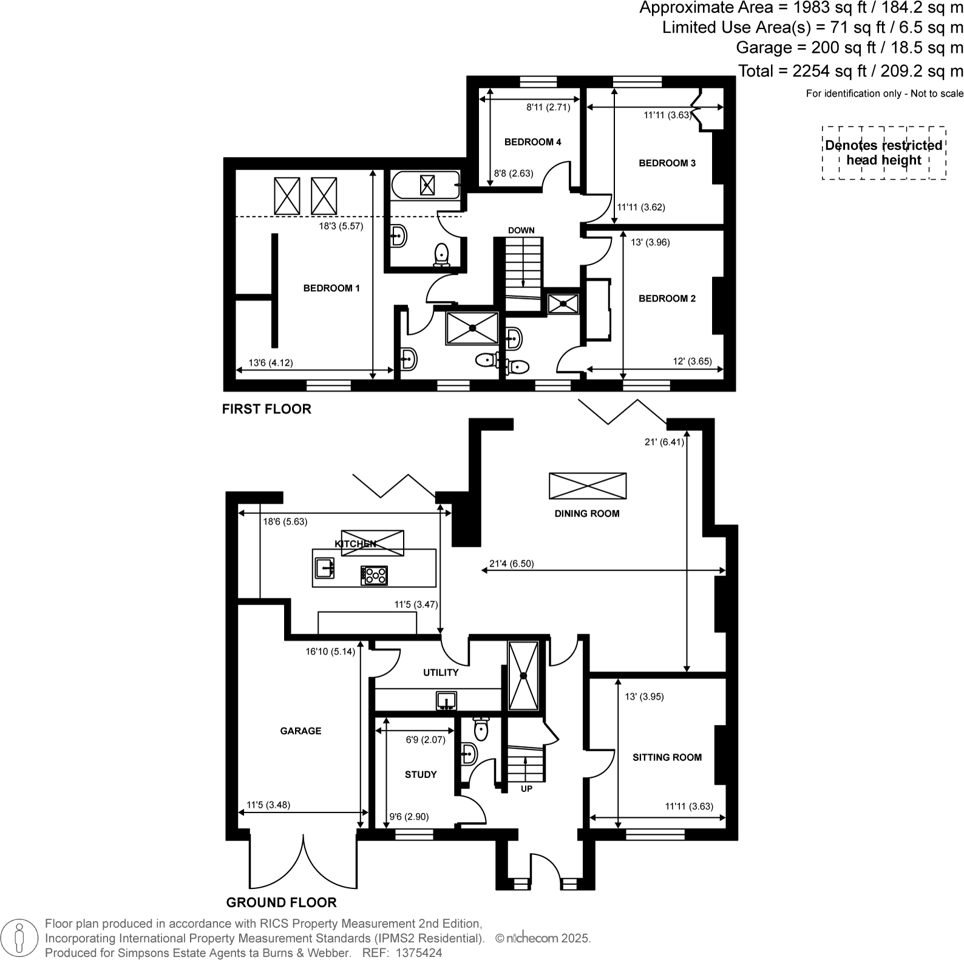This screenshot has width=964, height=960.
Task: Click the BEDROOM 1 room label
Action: (331, 288)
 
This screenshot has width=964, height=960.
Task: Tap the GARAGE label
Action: (300, 731)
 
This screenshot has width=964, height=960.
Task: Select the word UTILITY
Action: (441, 672)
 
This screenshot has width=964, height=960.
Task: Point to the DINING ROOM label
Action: (586, 513)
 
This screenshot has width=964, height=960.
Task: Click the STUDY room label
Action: (421, 774)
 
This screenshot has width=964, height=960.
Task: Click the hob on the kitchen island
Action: (374, 575)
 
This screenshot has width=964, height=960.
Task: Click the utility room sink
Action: (446, 701)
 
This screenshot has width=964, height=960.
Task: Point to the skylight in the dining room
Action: (587, 486)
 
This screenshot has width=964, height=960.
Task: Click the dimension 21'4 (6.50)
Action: (511, 564)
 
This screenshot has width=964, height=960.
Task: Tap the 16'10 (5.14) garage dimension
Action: (330, 652)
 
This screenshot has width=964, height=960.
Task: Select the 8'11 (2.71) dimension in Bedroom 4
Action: (548, 107)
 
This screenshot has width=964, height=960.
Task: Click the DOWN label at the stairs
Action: (521, 230)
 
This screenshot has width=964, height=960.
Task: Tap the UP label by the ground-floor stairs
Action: (526, 789)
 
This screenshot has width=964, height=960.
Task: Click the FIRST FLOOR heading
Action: (266, 409)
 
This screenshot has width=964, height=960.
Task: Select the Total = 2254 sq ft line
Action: (850, 71)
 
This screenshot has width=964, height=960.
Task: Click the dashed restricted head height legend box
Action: (884, 153)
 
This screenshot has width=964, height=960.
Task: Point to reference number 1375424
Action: (419, 953)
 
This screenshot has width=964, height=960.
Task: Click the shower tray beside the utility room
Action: (523, 675)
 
